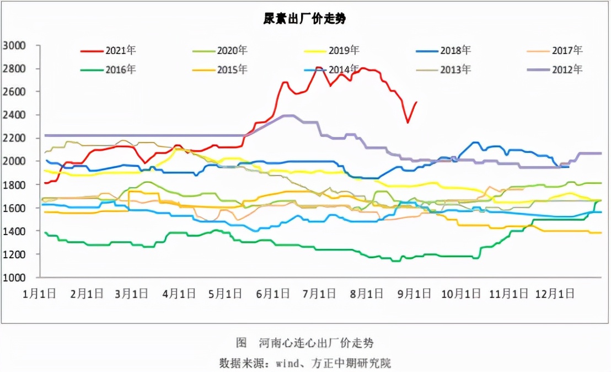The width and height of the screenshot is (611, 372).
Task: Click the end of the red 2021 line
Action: point(416,102)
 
